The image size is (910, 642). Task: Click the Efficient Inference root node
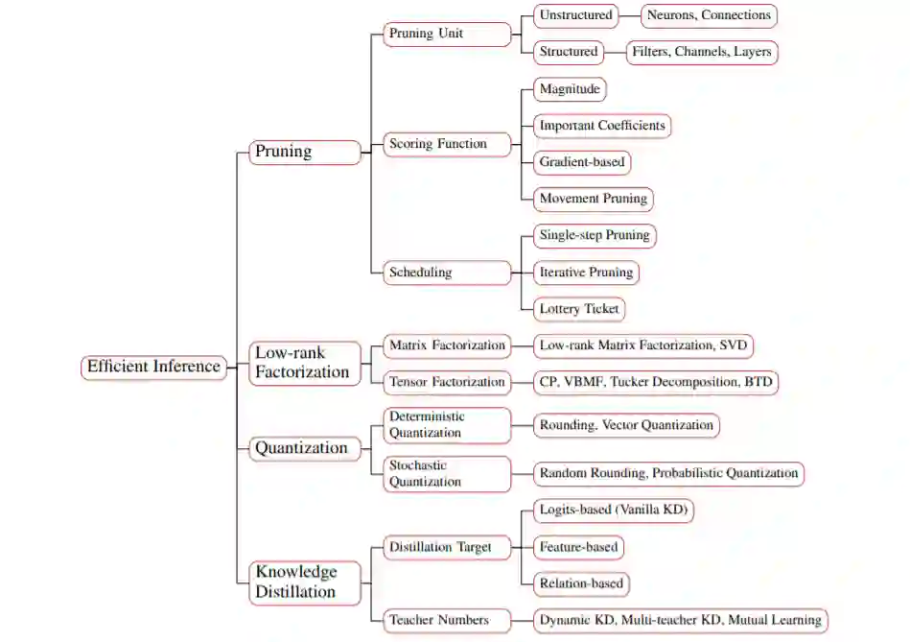[x=154, y=367]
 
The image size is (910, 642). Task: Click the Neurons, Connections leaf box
[x=709, y=15]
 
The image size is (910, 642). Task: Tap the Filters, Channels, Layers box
[x=701, y=52]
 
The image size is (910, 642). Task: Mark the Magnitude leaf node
[x=570, y=89]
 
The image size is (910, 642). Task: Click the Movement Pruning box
[x=594, y=200]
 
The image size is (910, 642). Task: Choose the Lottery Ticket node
[x=580, y=309]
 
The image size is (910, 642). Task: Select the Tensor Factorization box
[x=446, y=382]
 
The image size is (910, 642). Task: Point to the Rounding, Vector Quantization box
[x=626, y=425]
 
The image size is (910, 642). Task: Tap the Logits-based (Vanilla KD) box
[x=613, y=511]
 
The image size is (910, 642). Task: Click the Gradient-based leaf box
[x=581, y=162]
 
